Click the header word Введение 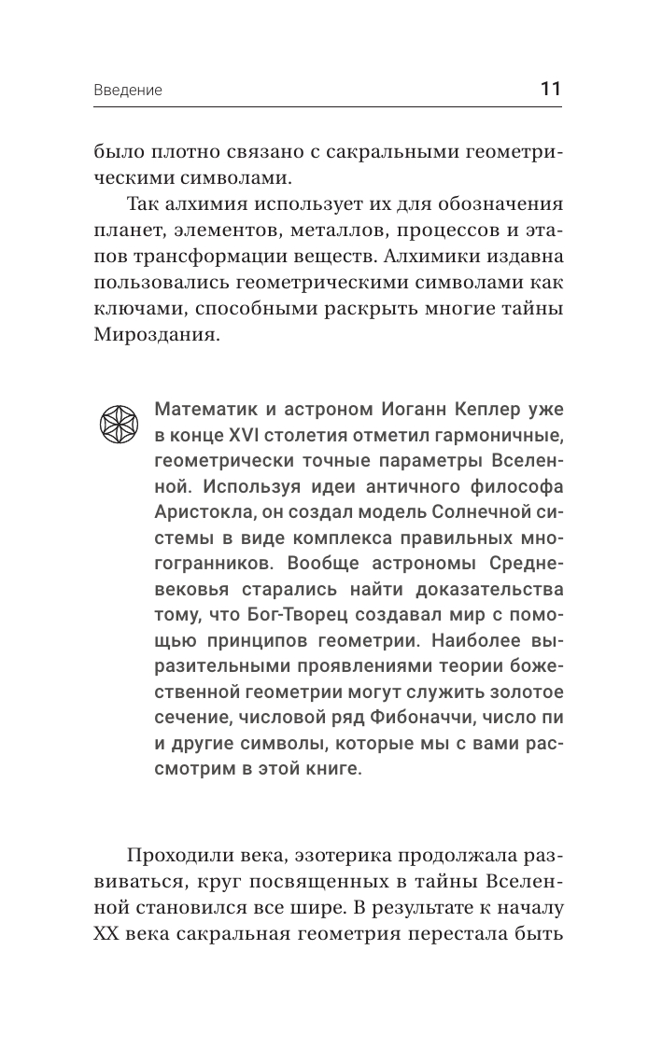point(128,91)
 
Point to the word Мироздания point(156,333)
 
